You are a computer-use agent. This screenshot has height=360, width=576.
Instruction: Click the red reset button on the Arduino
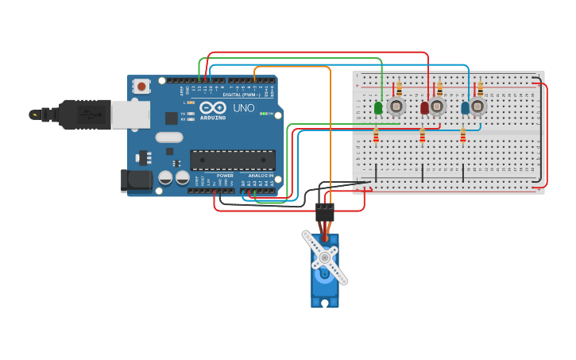click(141, 86)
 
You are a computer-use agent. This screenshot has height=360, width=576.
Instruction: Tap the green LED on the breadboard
click(378, 107)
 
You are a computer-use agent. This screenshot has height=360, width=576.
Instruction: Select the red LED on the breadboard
click(425, 107)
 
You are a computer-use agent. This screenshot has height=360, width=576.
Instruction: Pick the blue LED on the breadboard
click(465, 107)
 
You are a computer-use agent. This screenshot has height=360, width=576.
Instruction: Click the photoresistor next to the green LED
click(396, 106)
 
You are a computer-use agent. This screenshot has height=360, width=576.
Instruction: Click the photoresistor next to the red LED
click(437, 106)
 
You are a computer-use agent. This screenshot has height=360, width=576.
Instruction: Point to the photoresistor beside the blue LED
click(477, 106)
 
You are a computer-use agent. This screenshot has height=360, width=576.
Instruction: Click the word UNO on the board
click(243, 108)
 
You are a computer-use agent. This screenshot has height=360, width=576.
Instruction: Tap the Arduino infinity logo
click(213, 107)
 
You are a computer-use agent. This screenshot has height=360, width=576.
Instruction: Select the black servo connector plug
click(325, 212)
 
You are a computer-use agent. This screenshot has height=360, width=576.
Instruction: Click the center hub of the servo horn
click(324, 257)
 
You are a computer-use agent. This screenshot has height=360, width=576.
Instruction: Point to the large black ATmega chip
click(232, 160)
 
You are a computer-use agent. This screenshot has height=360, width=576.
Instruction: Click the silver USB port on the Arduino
click(130, 114)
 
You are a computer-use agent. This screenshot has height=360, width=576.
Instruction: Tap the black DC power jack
click(137, 180)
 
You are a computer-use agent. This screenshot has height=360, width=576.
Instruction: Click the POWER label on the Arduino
click(225, 176)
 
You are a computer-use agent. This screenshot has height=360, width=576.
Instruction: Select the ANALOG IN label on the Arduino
click(260, 176)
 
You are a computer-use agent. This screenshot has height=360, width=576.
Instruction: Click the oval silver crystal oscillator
click(169, 137)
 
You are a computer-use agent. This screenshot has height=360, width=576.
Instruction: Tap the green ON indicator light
click(263, 114)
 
